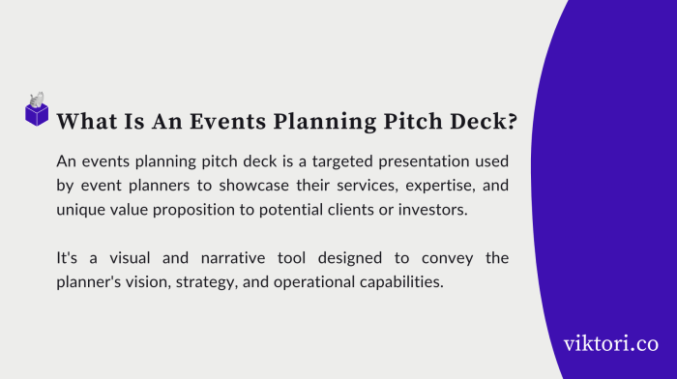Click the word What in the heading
point(86,122)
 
